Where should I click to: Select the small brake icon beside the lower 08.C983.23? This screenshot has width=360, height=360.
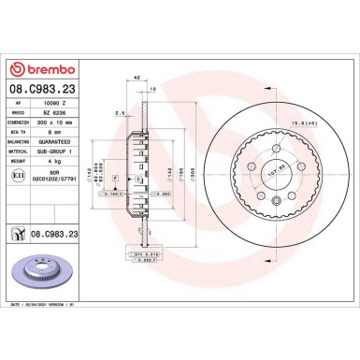(19, 233)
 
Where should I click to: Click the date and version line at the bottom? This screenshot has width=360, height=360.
(46, 345)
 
